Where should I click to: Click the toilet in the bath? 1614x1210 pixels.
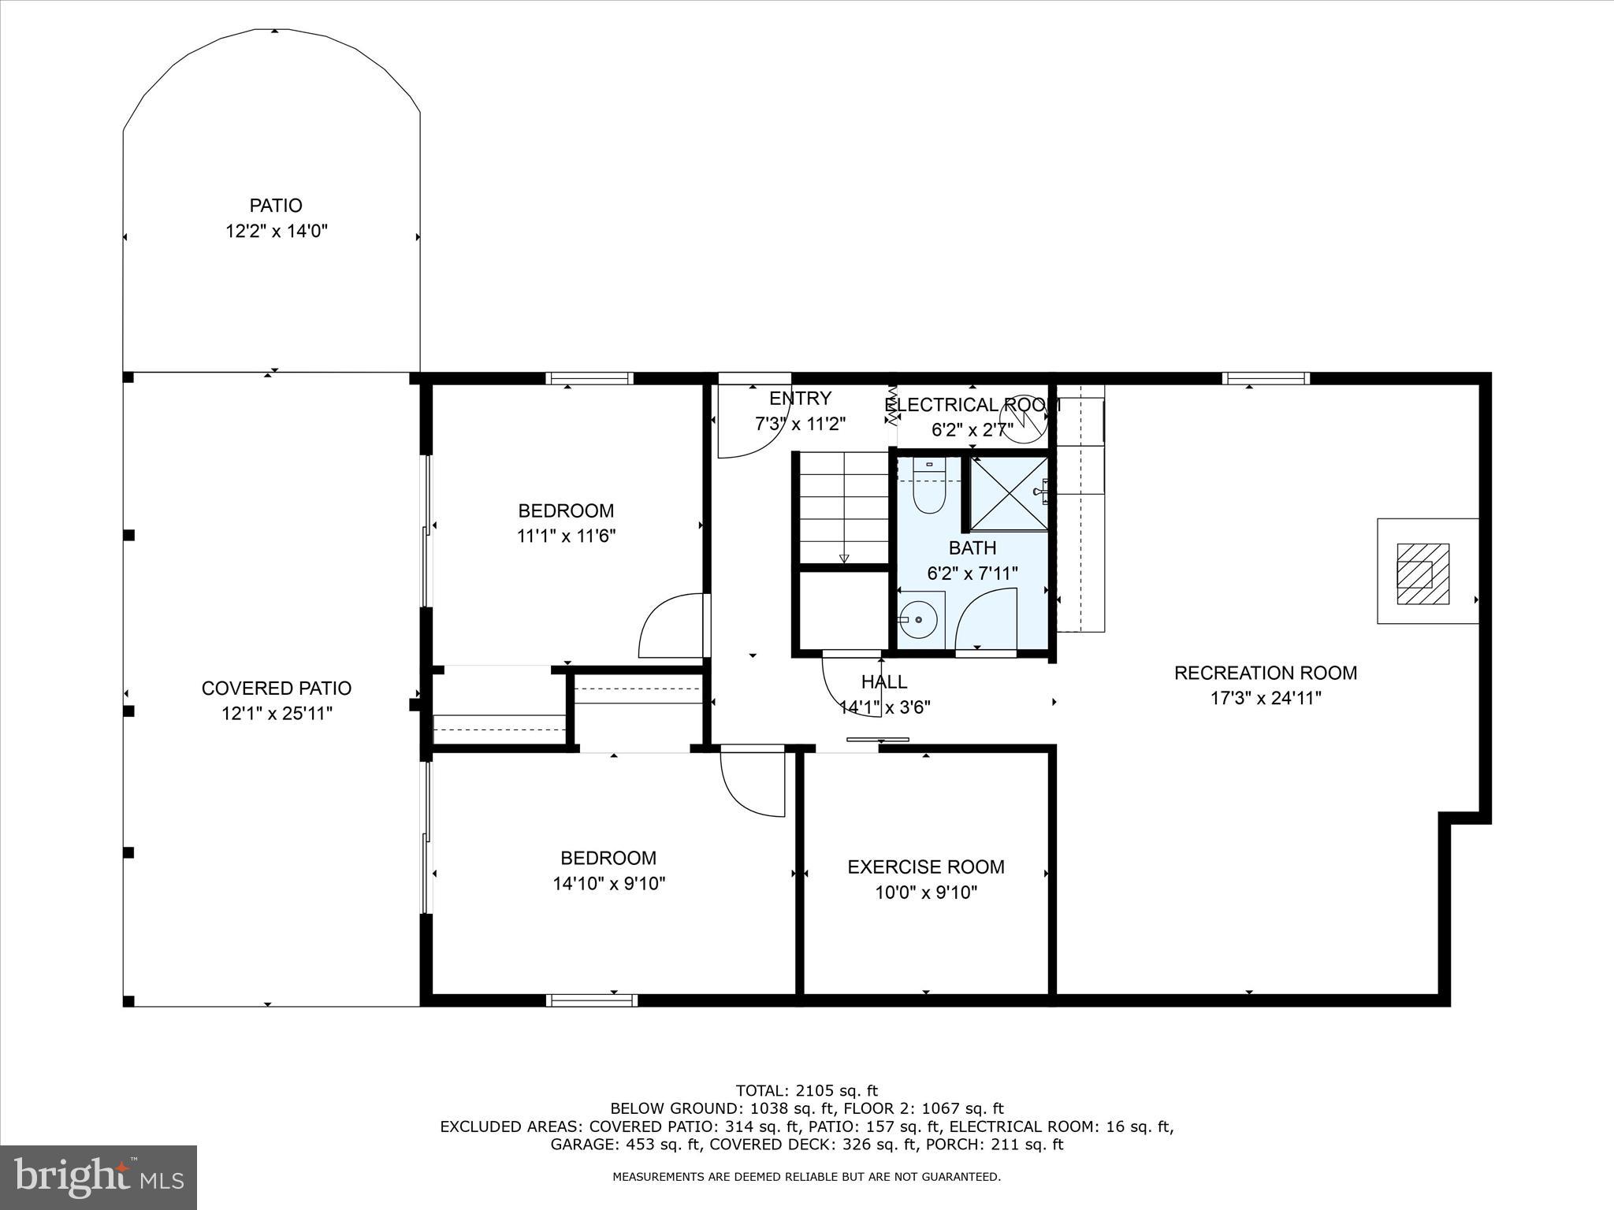928,492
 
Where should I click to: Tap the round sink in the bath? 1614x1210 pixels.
919,621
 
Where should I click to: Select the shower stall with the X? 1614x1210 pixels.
1008,494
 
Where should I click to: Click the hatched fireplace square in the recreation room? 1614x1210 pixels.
1422,574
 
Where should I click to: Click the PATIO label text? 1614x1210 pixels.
276,206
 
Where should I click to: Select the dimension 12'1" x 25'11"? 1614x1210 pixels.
276,714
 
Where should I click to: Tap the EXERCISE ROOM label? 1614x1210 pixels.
926,867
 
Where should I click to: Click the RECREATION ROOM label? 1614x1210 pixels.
1266,673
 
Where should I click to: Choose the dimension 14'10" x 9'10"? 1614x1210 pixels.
608,884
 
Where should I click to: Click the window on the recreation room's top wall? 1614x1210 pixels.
1266,379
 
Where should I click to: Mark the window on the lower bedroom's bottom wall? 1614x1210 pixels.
592,1000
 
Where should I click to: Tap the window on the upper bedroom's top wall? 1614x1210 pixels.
589,379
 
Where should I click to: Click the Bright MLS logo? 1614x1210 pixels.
99,1177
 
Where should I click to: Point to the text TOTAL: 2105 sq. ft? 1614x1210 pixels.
806,1091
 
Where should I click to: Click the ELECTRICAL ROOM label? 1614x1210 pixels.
972,405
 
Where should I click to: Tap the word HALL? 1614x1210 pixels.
883,681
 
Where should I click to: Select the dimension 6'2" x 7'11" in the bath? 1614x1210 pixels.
972,573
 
